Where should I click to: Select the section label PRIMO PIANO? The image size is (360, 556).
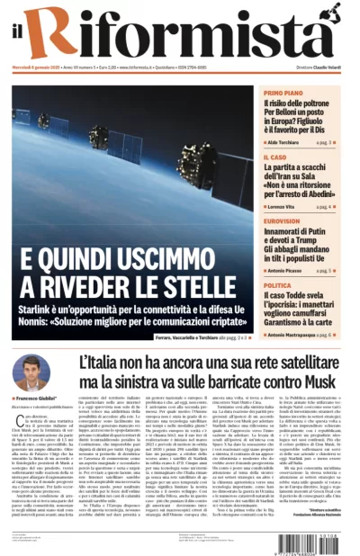tap(283, 93)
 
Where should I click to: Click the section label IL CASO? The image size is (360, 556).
tap(274, 157)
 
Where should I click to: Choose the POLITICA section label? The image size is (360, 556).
tap(278, 285)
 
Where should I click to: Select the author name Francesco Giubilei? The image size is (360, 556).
tap(37, 398)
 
